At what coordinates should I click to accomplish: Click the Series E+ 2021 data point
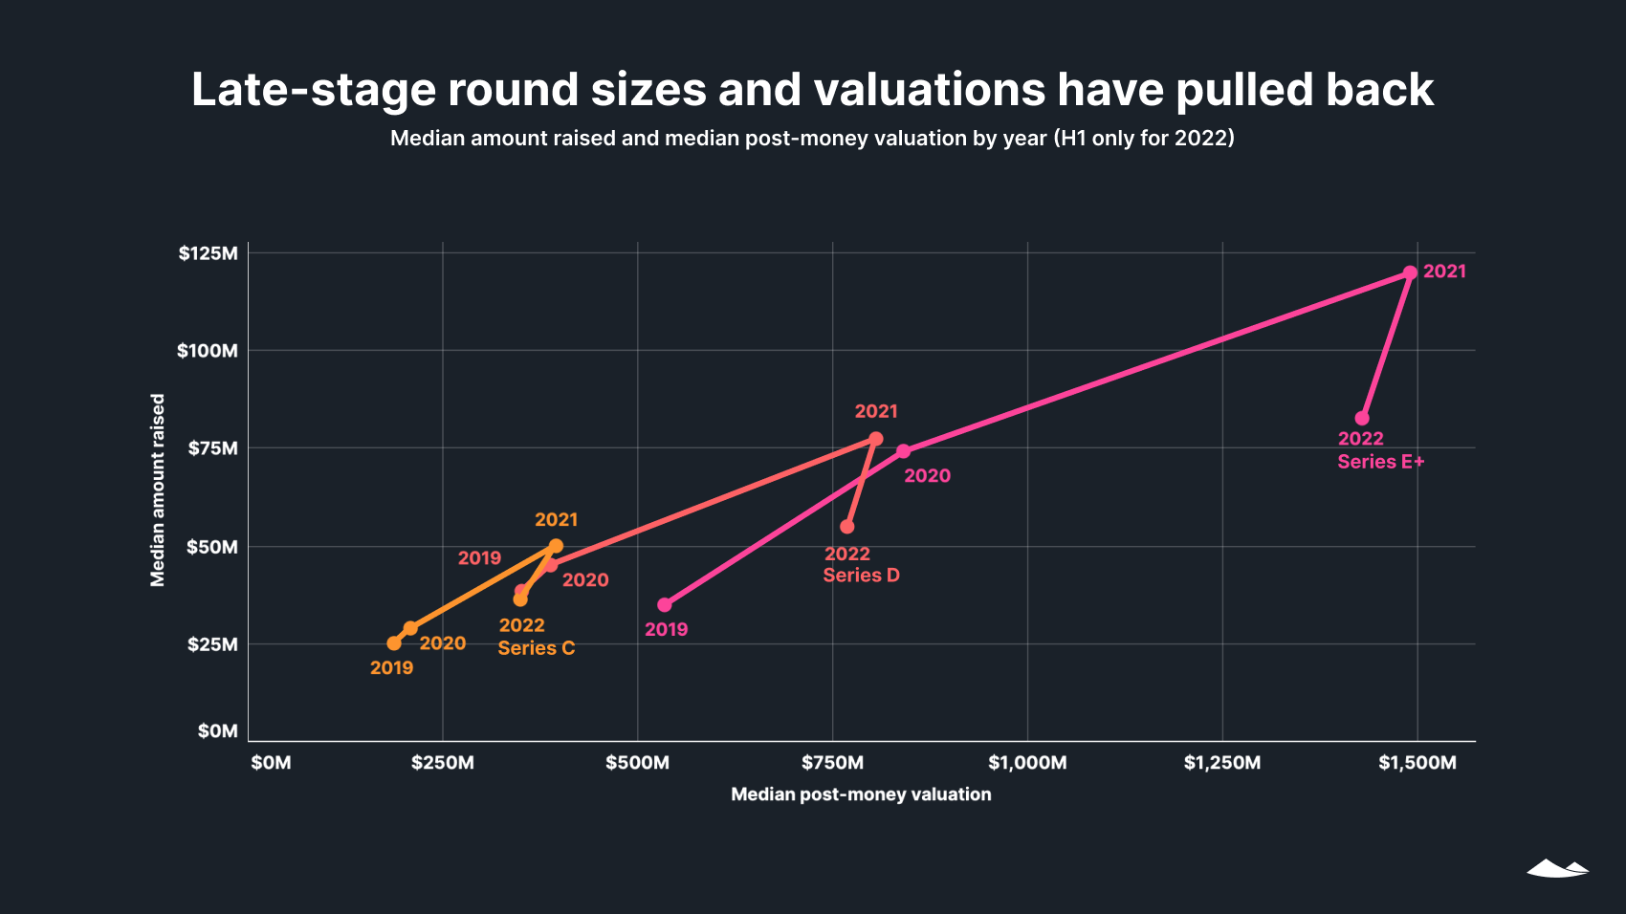[1410, 272]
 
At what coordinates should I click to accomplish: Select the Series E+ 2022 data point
[1362, 419]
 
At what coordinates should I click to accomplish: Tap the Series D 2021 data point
[875, 439]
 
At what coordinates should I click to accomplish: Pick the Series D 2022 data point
[847, 527]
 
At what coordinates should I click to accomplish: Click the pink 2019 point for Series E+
[665, 605]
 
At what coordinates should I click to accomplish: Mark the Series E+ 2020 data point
[903, 451]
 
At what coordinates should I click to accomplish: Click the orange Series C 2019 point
[394, 643]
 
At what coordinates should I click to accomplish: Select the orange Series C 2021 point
[556, 546]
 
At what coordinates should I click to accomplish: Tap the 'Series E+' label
[1380, 462]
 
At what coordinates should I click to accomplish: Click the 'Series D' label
[861, 576]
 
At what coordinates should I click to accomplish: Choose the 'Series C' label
[536, 648]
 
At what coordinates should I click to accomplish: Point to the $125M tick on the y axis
[208, 253]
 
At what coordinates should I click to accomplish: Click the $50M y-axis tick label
[211, 547]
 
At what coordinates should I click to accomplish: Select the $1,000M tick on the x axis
[1027, 763]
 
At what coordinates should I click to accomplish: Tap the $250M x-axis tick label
[442, 763]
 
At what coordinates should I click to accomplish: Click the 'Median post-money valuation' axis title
[861, 794]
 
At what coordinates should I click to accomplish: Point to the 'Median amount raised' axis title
[158, 490]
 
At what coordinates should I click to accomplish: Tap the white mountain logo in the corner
[1557, 868]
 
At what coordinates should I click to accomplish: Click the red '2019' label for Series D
[479, 558]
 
